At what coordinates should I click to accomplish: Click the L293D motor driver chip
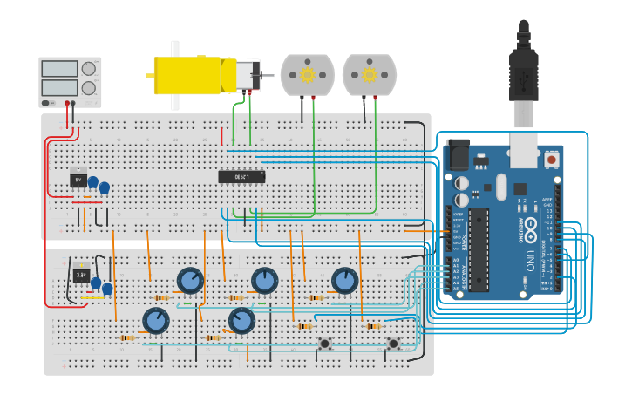(x=241, y=177)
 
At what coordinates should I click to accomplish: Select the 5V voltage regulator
(x=78, y=180)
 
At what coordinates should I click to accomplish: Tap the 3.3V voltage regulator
(x=80, y=274)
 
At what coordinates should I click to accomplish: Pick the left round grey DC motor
(x=308, y=75)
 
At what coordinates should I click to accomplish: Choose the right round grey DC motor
(x=370, y=75)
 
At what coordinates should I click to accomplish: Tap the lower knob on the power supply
(x=89, y=88)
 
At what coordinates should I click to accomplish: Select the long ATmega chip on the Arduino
(x=478, y=249)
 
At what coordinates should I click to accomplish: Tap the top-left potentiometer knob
(x=190, y=281)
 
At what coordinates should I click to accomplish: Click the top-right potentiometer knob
(x=345, y=281)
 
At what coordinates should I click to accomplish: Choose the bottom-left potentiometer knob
(x=156, y=321)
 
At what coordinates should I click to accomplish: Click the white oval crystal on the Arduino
(x=501, y=186)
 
